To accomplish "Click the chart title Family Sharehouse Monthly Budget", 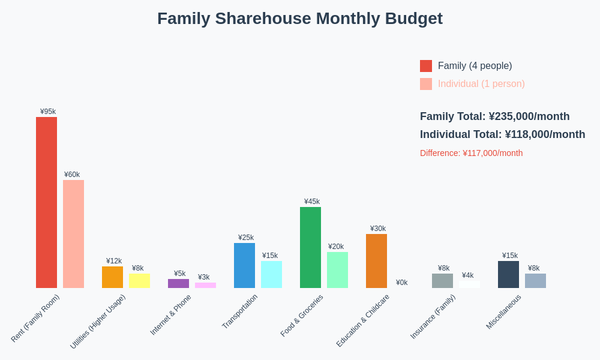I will [x=299, y=19].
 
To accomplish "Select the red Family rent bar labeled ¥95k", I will [x=46, y=202].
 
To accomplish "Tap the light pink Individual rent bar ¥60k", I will [x=73, y=234].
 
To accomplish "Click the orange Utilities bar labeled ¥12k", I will [x=112, y=277].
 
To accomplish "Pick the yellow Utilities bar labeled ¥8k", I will [x=139, y=281].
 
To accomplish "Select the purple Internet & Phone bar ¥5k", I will [x=178, y=283].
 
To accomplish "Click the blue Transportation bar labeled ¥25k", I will [x=244, y=265].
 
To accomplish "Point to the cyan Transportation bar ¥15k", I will [x=271, y=274].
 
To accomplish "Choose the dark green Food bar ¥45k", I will [x=310, y=247].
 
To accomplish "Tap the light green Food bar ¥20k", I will [x=337, y=270].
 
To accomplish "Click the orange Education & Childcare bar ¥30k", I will [x=376, y=261].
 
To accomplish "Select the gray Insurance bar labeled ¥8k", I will [x=442, y=281].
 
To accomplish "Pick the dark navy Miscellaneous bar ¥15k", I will [x=508, y=274].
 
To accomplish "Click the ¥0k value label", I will [x=401, y=283].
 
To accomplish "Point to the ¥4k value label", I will [x=467, y=275].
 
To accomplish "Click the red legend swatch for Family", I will [x=426, y=66].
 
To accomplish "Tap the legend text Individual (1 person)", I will [x=481, y=84].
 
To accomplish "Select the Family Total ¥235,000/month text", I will [x=494, y=116].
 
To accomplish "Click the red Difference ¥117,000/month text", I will [x=471, y=153].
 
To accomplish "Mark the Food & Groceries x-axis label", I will [x=302, y=315].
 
